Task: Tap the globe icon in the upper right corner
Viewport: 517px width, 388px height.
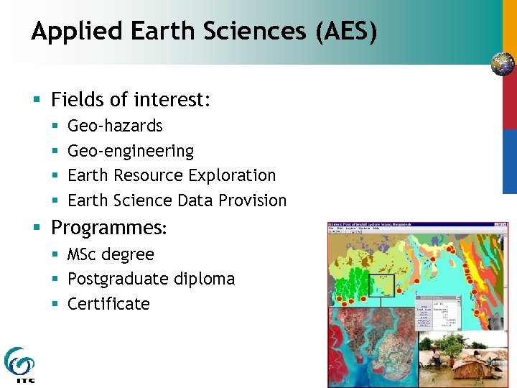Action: (x=503, y=64)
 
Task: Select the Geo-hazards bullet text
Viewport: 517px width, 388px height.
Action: (x=115, y=126)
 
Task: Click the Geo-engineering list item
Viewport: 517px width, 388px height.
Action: (x=130, y=151)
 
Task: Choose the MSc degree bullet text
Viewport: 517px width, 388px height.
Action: (x=110, y=254)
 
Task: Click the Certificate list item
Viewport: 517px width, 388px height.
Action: (x=108, y=304)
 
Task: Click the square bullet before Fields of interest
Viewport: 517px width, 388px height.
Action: (x=37, y=100)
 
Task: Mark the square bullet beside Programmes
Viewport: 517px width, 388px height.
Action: (x=37, y=228)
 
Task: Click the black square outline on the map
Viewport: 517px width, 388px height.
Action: (x=381, y=285)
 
